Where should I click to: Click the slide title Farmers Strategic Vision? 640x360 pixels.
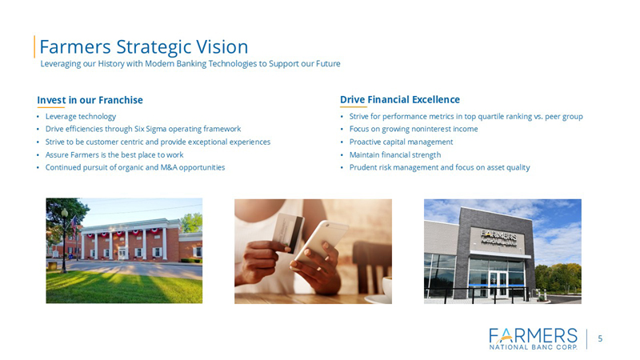(x=144, y=46)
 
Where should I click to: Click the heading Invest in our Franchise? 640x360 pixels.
(x=90, y=100)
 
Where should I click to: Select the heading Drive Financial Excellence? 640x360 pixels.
(x=400, y=99)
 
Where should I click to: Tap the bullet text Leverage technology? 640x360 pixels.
(x=81, y=116)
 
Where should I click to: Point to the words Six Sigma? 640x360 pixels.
(x=163, y=129)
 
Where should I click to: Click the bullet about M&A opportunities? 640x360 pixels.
(x=135, y=167)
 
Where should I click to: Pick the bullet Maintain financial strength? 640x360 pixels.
(x=394, y=154)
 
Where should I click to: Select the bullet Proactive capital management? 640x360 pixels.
(x=401, y=142)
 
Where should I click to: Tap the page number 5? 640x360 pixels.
(x=600, y=338)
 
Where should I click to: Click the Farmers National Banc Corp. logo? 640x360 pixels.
(x=532, y=338)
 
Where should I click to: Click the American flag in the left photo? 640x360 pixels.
(x=74, y=227)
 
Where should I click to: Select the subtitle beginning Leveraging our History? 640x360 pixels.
(x=196, y=63)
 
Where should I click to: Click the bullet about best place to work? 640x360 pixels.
(x=114, y=154)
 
